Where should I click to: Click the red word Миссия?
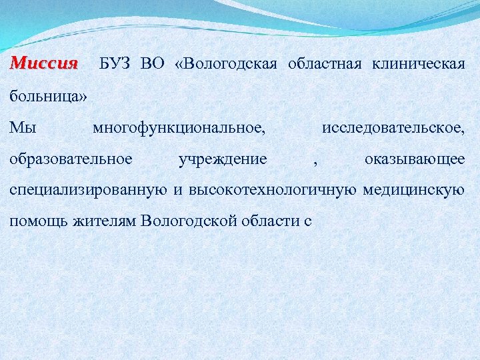44,64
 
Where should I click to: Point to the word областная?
325,64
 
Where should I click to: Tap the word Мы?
22,127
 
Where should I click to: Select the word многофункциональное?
179,127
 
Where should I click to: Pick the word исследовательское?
393,127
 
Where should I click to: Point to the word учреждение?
223,159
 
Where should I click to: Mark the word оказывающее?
415,159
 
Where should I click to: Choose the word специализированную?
88,191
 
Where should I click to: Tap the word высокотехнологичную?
273,190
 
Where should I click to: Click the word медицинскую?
413,191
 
